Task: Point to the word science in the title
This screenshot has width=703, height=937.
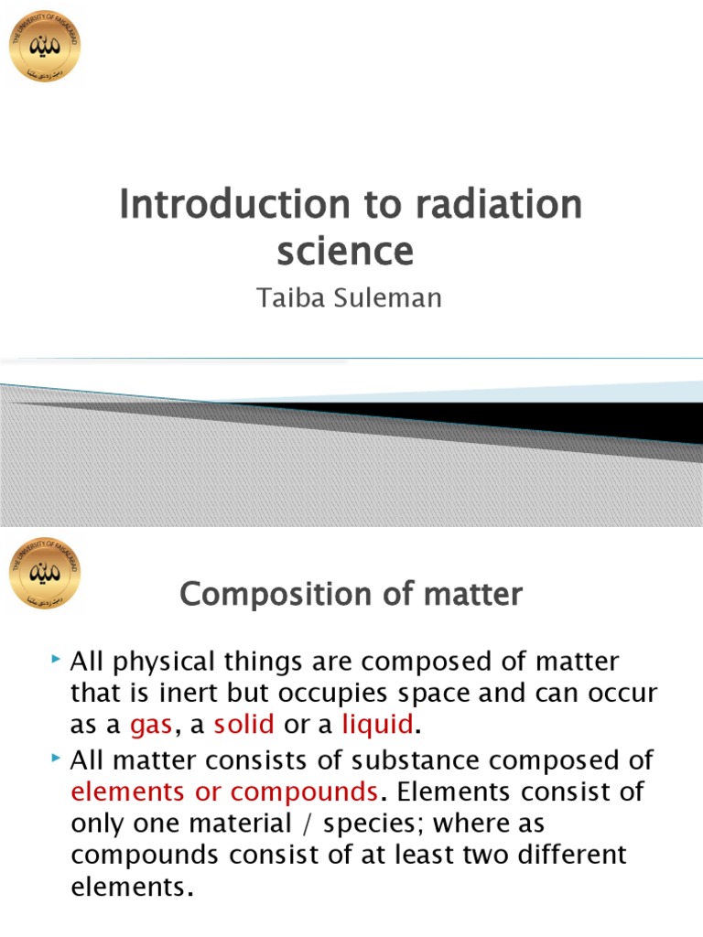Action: tap(345, 250)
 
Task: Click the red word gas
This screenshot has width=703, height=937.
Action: tap(151, 725)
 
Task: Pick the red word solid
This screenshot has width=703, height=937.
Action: tap(244, 725)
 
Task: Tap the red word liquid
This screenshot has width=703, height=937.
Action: tap(378, 725)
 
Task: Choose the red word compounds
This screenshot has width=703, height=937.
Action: tap(304, 791)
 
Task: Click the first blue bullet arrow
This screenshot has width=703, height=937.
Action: tap(57, 659)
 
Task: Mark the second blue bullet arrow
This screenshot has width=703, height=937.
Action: tap(57, 758)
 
